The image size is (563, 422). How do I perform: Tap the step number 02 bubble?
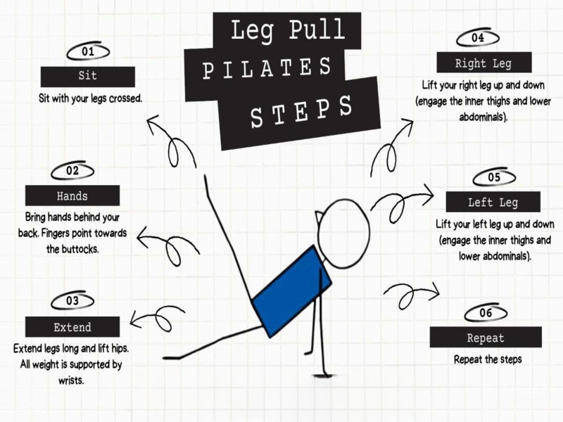[x=73, y=171]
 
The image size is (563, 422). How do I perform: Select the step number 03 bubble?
[x=72, y=301]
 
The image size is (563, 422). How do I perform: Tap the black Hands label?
[x=72, y=196]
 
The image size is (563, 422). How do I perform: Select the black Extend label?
[x=72, y=327]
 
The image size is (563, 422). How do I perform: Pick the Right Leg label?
[x=483, y=63]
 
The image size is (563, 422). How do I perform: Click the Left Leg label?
[x=493, y=203]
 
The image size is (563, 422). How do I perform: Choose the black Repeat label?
[x=486, y=338]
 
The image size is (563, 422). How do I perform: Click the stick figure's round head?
[x=343, y=234]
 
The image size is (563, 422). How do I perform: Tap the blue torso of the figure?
[x=291, y=289]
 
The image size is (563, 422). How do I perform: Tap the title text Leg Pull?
[x=288, y=30]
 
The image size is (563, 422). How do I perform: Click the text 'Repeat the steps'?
[x=488, y=359]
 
